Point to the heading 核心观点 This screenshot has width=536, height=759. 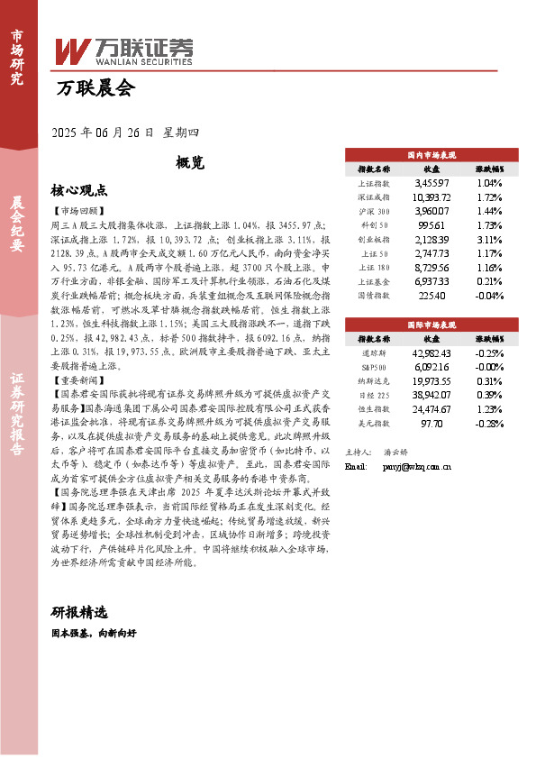click(79, 190)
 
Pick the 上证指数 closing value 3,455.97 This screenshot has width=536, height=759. click(432, 183)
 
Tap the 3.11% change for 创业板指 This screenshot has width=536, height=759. click(489, 240)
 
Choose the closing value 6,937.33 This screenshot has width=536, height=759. click(432, 282)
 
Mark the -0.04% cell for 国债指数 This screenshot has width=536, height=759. click(489, 296)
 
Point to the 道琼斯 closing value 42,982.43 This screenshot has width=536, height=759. click(432, 352)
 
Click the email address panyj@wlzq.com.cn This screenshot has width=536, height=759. click(415, 468)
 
